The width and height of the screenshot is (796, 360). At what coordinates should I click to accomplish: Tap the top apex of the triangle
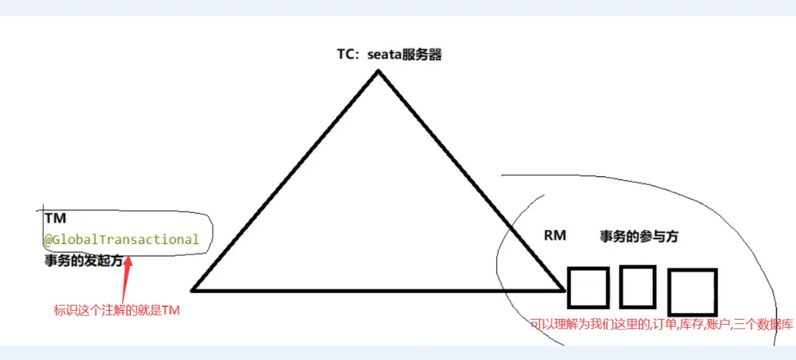pyautogui.click(x=379, y=71)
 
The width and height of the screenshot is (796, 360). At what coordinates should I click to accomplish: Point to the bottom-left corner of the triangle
pyautogui.click(x=193, y=289)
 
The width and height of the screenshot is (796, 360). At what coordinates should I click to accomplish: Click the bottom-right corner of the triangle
pyautogui.click(x=564, y=289)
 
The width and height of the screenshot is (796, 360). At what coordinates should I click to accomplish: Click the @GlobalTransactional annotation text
pyautogui.click(x=121, y=239)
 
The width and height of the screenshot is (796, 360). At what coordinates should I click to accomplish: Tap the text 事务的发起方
pyautogui.click(x=82, y=261)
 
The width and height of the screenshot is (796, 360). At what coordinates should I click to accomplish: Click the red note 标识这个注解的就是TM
pyautogui.click(x=117, y=311)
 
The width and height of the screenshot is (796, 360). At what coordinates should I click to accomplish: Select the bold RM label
pyautogui.click(x=555, y=236)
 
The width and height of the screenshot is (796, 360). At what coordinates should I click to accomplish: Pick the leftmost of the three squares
pyautogui.click(x=588, y=287)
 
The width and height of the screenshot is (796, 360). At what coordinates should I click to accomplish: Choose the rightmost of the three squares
pyautogui.click(x=691, y=292)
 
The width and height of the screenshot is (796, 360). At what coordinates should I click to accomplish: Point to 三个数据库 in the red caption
pyautogui.click(x=769, y=323)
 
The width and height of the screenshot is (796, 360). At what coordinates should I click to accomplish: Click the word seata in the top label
pyautogui.click(x=384, y=54)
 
